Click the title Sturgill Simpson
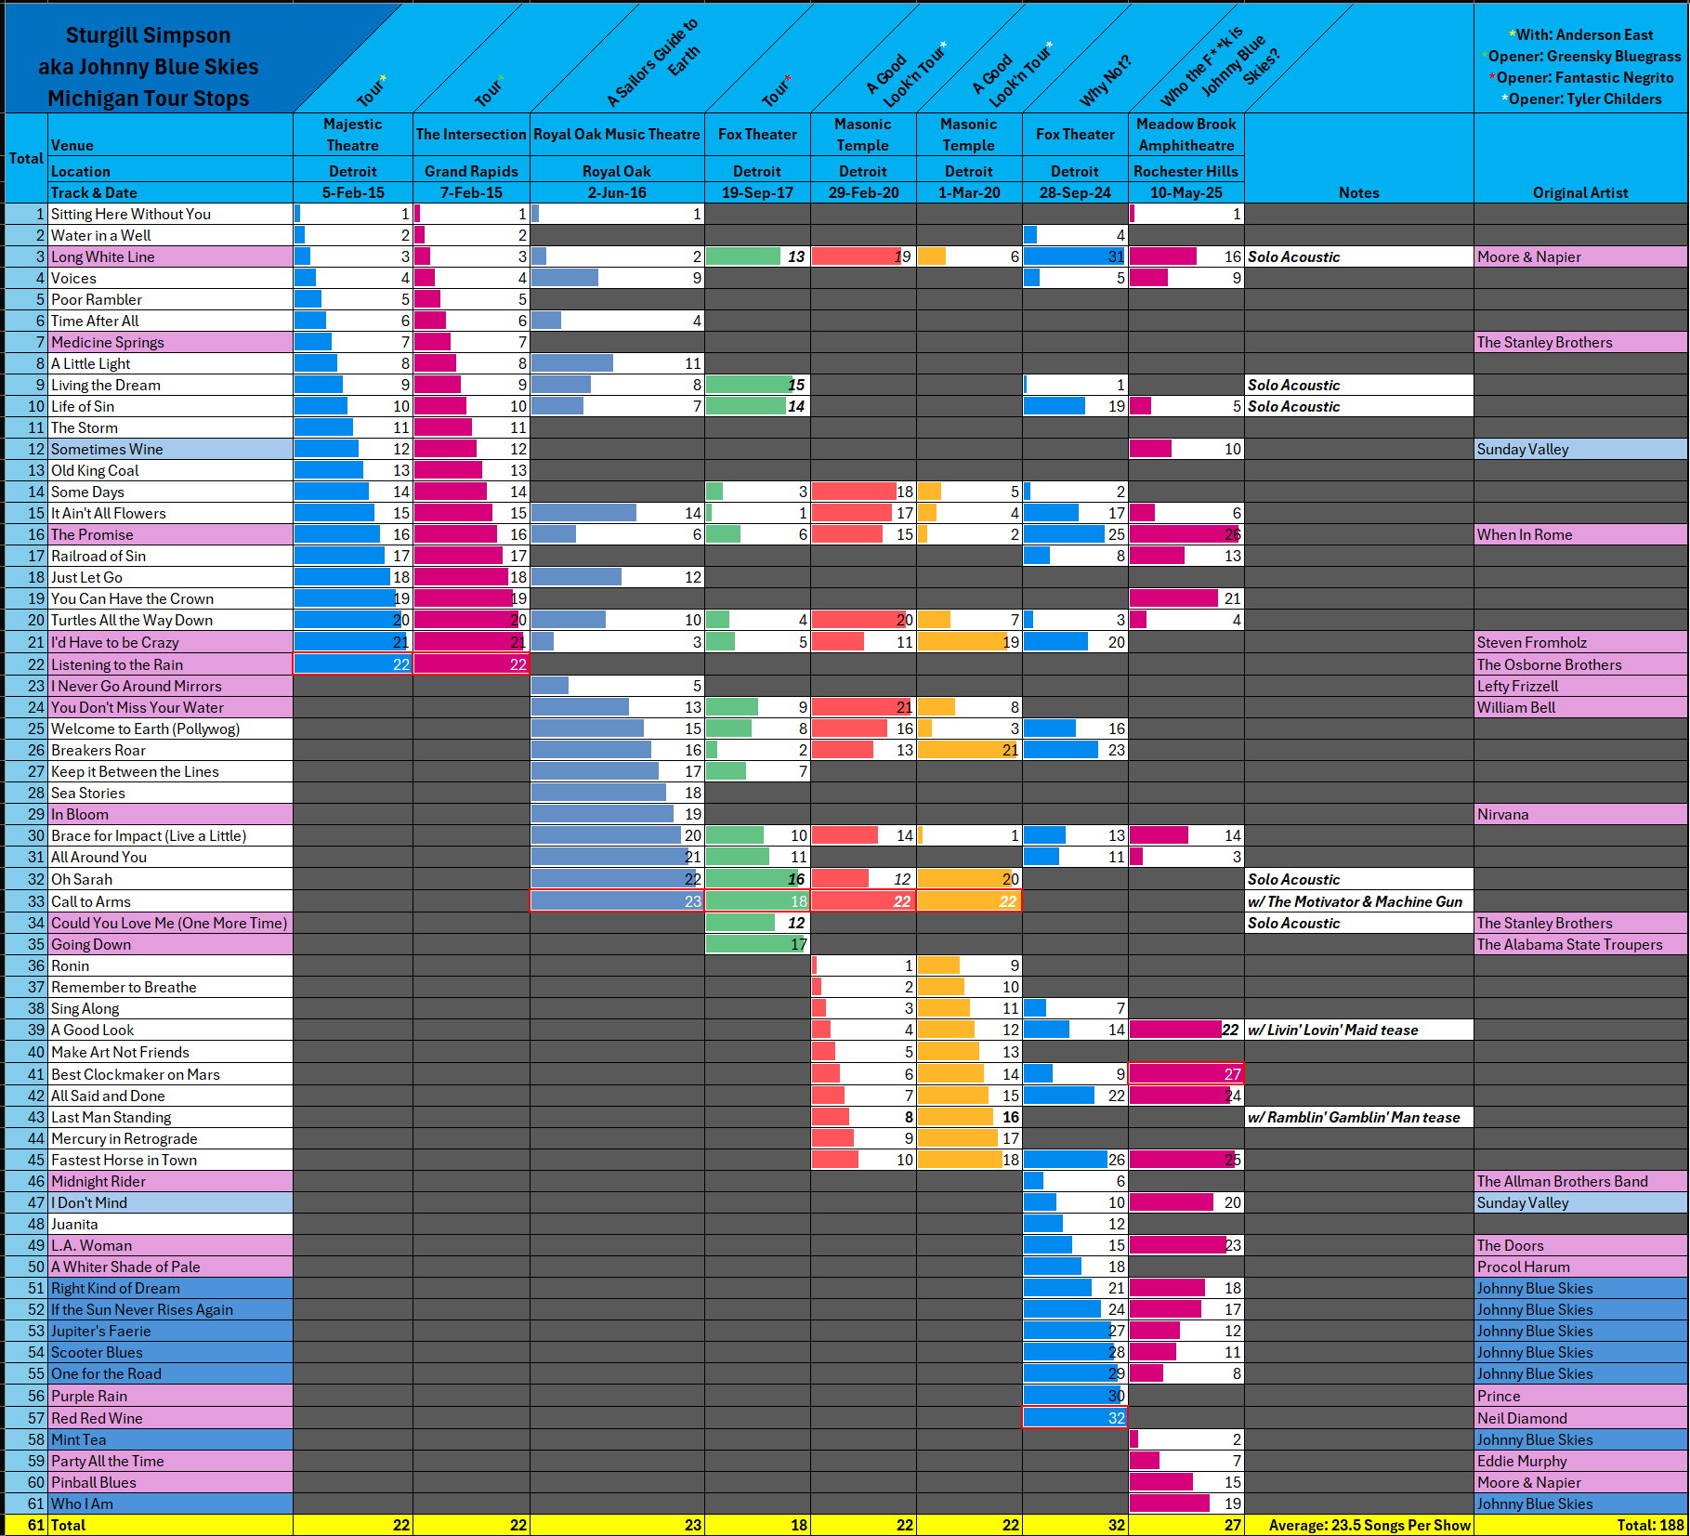(x=148, y=35)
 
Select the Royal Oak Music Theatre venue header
(x=617, y=135)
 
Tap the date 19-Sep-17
(x=757, y=193)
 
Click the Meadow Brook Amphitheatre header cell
(x=1186, y=135)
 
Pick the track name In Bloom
(x=80, y=815)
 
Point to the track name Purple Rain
(x=89, y=1396)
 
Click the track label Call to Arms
(x=91, y=901)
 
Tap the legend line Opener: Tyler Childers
(x=1584, y=99)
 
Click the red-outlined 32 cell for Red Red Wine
(x=1075, y=1418)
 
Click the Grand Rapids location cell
(x=471, y=172)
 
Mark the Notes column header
(x=1358, y=193)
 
